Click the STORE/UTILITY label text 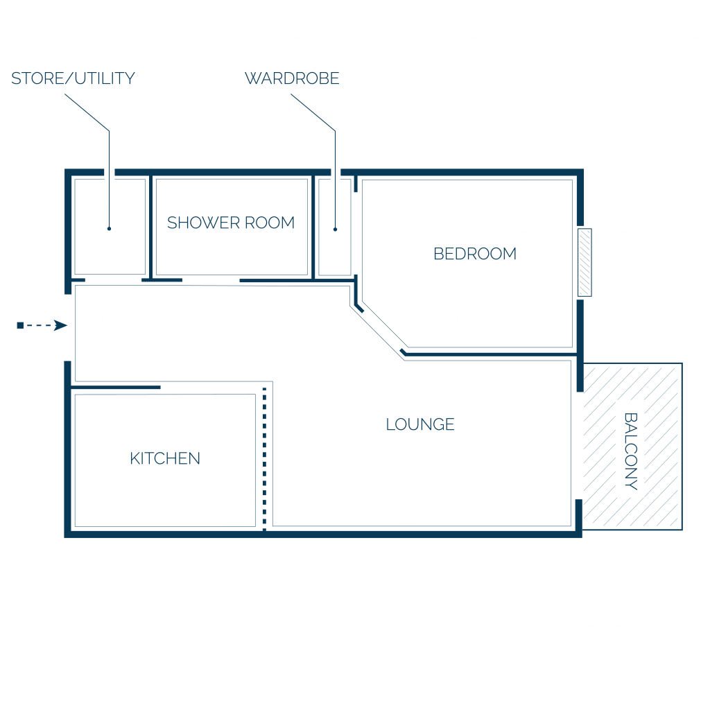(73, 78)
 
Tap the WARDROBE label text (292, 78)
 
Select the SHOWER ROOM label (231, 223)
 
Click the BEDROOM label (475, 254)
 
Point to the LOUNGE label (420, 424)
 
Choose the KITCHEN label (165, 458)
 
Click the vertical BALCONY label (631, 451)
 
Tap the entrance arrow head (61, 325)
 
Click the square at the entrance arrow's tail (20, 326)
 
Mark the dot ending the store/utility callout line (109, 229)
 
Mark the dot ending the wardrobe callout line (335, 229)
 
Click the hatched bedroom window (585, 263)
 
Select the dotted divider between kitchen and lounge (264, 458)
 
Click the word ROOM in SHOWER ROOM (270, 223)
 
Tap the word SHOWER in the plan (203, 223)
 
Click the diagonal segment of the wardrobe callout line (313, 112)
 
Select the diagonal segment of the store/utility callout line (87, 112)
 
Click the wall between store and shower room (150, 227)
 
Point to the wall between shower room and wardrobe (313, 227)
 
